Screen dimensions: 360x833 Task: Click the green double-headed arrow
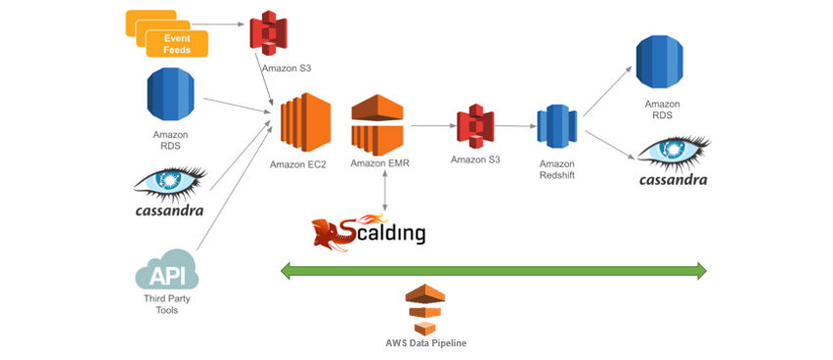coord(494,270)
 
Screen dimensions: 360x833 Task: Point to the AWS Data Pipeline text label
coord(425,343)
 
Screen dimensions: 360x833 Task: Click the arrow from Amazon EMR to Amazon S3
coord(432,126)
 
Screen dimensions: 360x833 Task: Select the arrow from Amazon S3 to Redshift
coord(517,126)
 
